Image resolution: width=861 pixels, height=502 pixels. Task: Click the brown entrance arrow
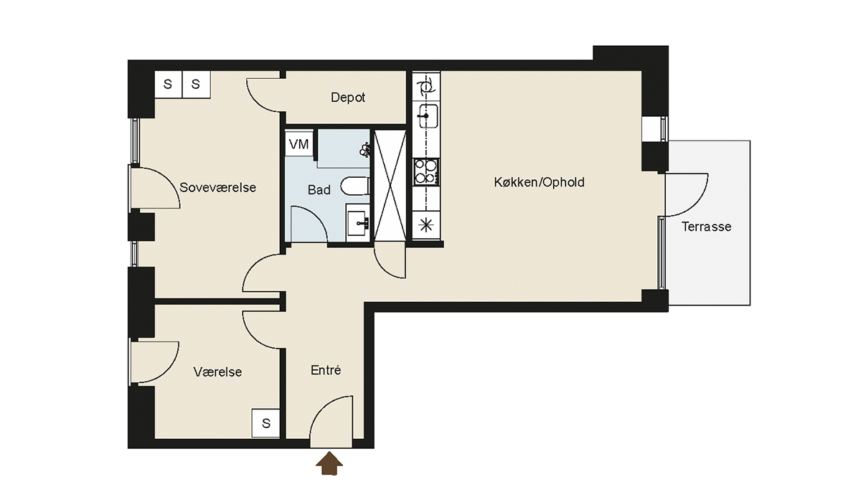point(329,463)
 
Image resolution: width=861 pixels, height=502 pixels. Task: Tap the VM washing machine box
point(299,144)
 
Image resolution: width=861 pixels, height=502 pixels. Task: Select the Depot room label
point(348,98)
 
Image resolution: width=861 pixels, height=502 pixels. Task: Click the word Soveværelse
point(217,187)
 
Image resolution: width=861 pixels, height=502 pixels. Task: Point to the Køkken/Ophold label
point(539,182)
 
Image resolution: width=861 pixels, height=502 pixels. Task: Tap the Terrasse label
point(707,227)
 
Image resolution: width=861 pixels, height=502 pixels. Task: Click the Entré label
point(326,370)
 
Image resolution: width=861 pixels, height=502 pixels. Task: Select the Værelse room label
point(217,371)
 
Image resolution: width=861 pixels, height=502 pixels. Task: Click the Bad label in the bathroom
point(319,190)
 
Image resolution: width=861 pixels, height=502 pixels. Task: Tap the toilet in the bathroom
point(355,186)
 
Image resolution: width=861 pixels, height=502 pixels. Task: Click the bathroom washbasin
point(358,223)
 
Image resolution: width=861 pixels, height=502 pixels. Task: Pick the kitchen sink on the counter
point(426,115)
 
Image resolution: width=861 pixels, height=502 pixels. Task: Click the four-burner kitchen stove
point(426,171)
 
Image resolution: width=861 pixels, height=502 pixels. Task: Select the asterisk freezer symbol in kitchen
point(426,224)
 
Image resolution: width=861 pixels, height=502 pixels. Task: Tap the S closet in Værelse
point(265,423)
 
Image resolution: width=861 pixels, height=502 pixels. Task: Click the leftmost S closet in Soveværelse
point(168,84)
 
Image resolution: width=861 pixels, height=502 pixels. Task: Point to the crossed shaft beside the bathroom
point(390,186)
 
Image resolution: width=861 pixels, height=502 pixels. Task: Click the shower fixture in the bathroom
point(364,150)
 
